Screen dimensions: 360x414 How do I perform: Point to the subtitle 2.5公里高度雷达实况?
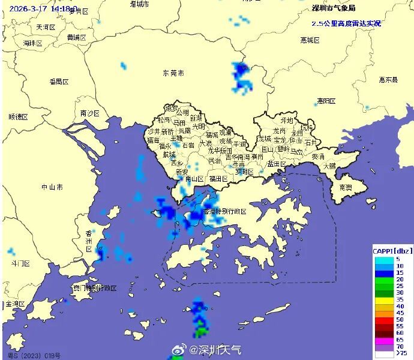pos(346,23)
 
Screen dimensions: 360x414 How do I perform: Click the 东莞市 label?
pos(173,73)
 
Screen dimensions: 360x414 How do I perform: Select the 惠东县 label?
pos(388,79)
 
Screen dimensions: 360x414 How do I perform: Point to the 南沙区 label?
pos(89,113)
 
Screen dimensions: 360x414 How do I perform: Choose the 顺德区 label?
pos(19,116)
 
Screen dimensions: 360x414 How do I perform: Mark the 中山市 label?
pos(52,187)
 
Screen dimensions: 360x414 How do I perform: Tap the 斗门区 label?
pos(20,263)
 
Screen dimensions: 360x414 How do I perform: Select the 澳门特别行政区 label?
pos(94,288)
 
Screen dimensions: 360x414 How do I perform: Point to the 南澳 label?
pos(345,187)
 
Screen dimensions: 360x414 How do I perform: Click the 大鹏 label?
pos(329,166)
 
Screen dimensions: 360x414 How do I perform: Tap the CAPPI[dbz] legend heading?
pos(392,250)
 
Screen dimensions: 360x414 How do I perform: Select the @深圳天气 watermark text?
pos(215,349)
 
